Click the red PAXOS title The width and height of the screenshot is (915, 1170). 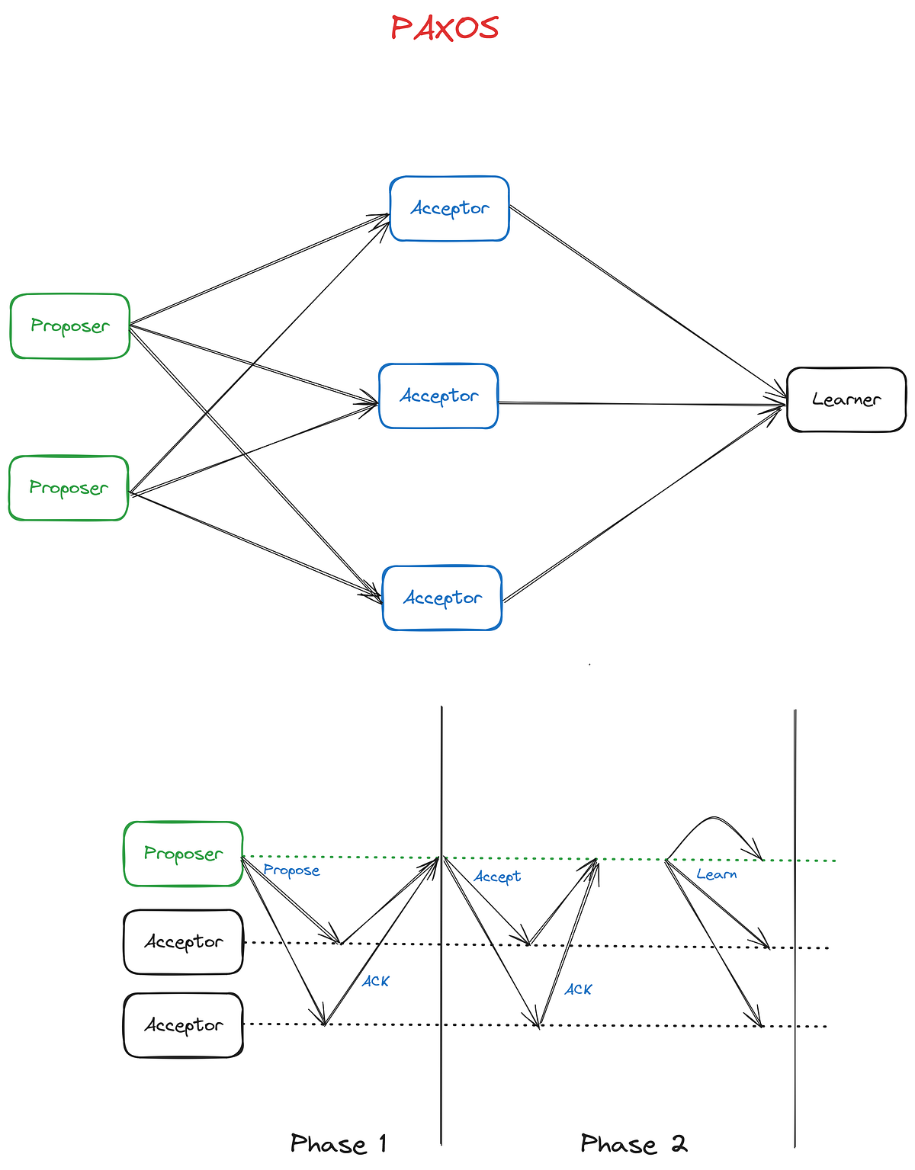pyautogui.click(x=445, y=28)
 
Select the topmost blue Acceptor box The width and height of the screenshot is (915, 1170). pyautogui.click(x=449, y=209)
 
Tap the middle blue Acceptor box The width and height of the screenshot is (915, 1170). pyautogui.click(x=438, y=396)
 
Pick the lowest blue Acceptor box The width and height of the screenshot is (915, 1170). pyautogui.click(x=442, y=598)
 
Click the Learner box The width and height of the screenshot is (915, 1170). pyautogui.click(x=846, y=400)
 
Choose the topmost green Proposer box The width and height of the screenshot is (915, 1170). pyautogui.click(x=70, y=326)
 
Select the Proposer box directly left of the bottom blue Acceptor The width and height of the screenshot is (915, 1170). pyautogui.click(x=69, y=489)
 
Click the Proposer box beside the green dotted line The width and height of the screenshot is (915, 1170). pyautogui.click(x=183, y=854)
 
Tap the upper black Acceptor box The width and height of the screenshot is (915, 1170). pyautogui.click(x=183, y=942)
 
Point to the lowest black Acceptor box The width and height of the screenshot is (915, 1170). pyautogui.click(x=183, y=1026)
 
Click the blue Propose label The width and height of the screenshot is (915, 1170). pyautogui.click(x=291, y=870)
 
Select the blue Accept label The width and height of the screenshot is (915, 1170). pyautogui.click(x=497, y=877)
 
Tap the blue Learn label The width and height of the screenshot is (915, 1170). pyautogui.click(x=717, y=874)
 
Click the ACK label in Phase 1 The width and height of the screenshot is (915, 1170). pyautogui.click(x=375, y=981)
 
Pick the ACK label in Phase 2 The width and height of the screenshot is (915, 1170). pyautogui.click(x=578, y=989)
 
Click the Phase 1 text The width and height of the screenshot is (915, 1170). pyautogui.click(x=339, y=1144)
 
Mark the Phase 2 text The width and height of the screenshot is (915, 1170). pyautogui.click(x=634, y=1144)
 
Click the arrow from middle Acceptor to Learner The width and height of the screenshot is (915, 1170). pyautogui.click(x=640, y=403)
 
